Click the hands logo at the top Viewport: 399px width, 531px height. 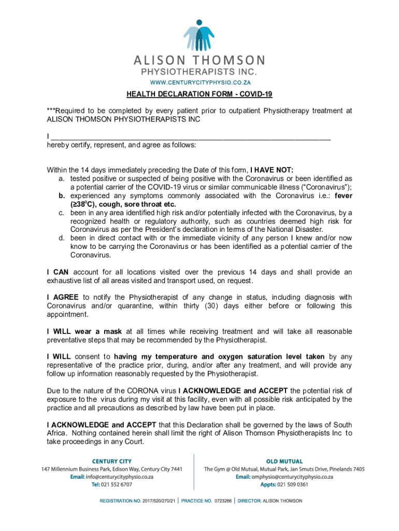(x=198, y=35)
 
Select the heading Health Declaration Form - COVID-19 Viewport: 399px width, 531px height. (x=199, y=94)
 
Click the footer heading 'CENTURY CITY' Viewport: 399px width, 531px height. (x=112, y=461)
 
